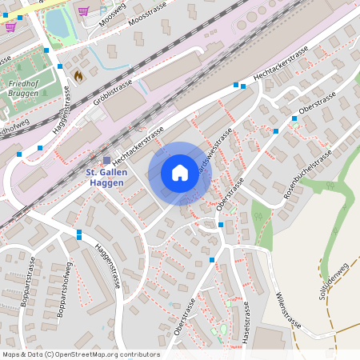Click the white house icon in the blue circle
click(x=180, y=173)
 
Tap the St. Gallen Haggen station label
click(x=105, y=178)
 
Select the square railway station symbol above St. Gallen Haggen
click(x=106, y=160)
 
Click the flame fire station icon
click(x=78, y=75)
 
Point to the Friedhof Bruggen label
click(x=22, y=88)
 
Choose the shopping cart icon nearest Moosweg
click(x=83, y=10)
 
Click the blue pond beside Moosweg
click(x=58, y=24)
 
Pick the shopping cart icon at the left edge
click(x=10, y=26)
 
